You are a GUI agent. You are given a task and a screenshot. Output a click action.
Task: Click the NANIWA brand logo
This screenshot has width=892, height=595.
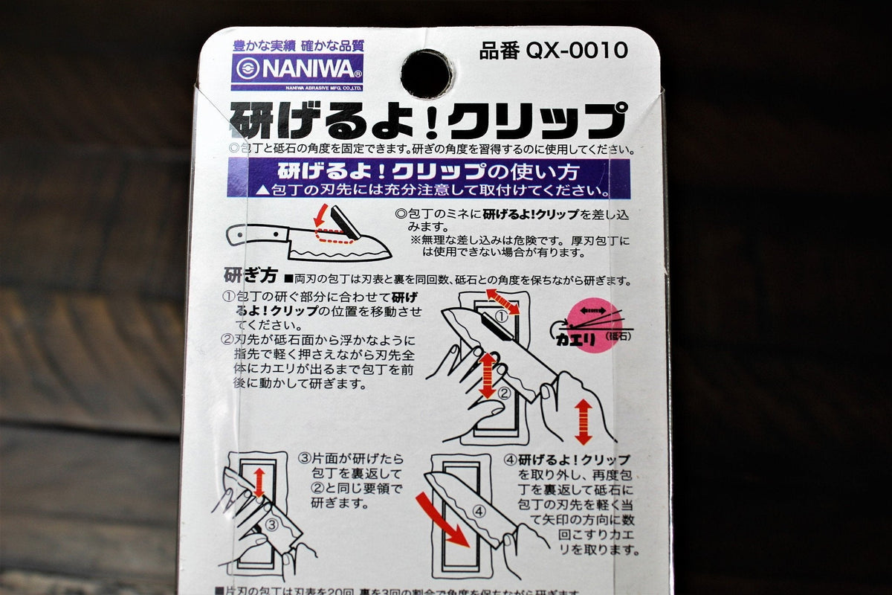297,72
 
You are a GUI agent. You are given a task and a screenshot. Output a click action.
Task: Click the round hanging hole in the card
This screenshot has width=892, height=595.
426,74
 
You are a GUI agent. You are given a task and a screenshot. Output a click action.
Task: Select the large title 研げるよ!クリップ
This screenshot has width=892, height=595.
427,120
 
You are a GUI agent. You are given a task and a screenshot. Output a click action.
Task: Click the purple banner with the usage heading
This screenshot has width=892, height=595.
428,178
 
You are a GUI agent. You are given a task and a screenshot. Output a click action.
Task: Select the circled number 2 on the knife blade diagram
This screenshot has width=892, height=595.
504,393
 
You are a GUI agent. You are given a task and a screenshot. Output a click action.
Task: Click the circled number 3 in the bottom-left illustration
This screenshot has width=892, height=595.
272,525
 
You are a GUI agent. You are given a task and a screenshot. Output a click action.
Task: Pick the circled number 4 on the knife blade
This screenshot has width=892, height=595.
479,512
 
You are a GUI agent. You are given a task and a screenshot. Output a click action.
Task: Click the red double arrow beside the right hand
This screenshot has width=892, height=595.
584,422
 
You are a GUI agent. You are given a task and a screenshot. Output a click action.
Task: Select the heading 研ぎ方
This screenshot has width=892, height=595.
251,277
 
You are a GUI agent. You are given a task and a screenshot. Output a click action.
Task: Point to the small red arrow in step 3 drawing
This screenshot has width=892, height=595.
259,482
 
